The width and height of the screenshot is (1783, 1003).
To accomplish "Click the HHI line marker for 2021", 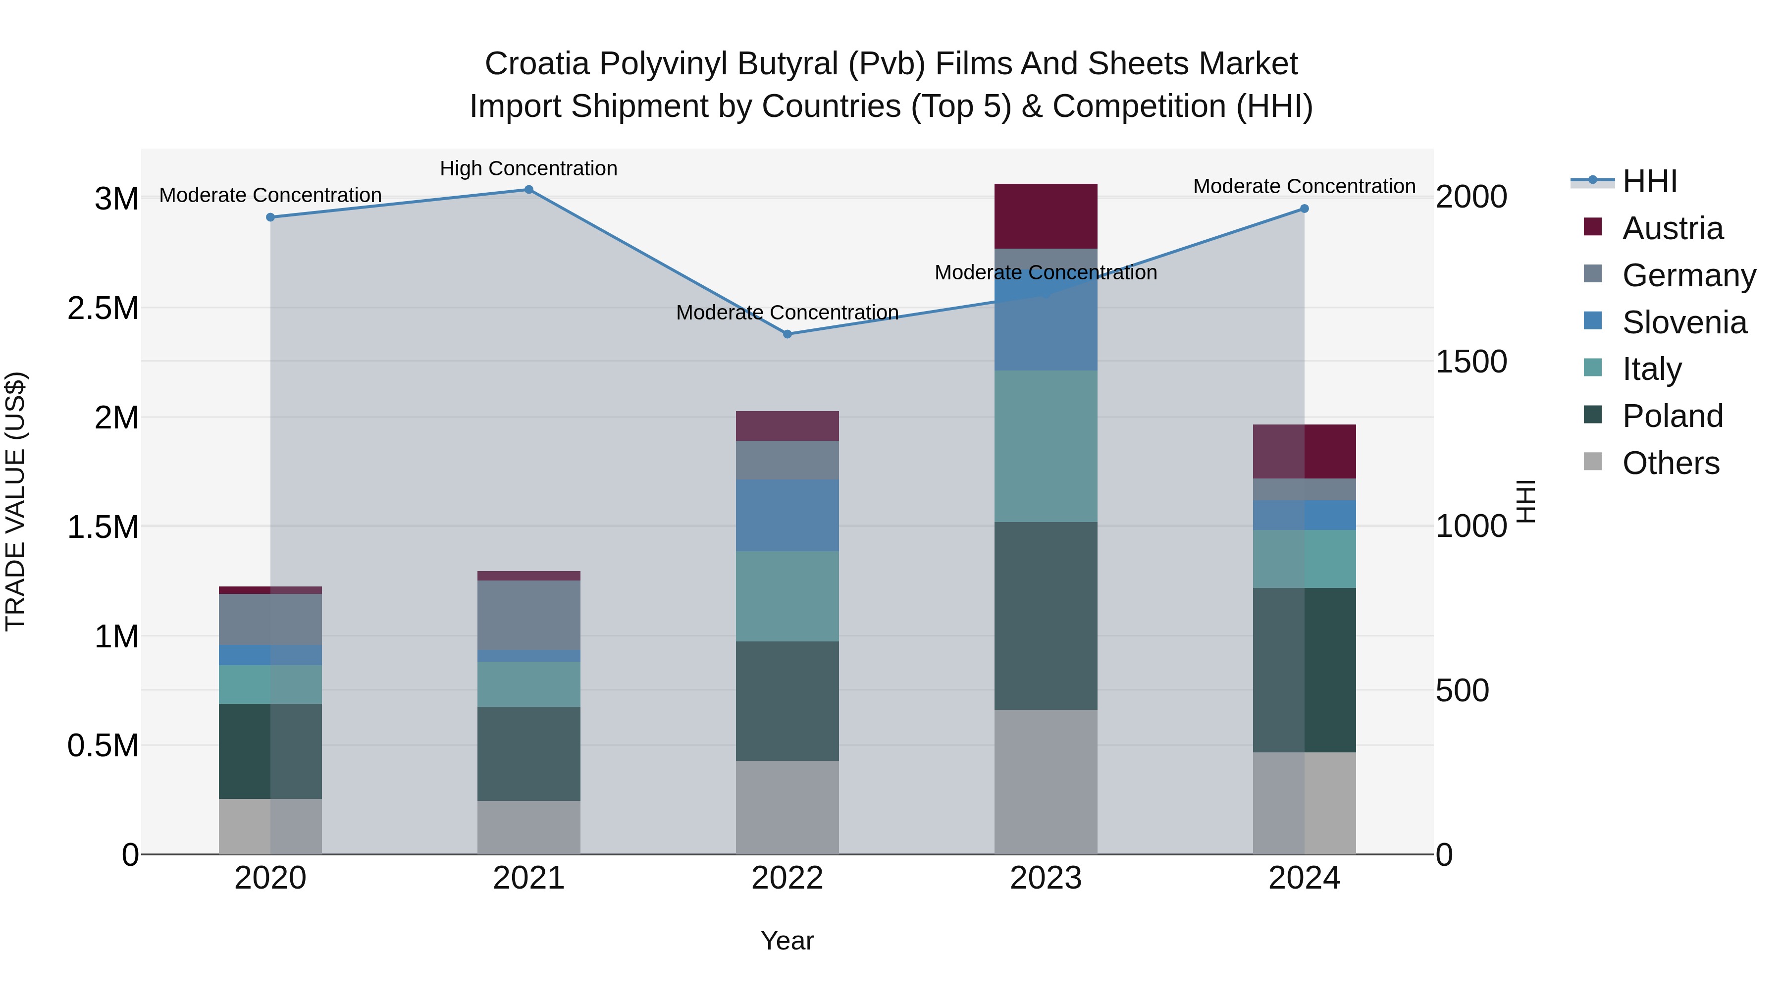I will [x=529, y=190].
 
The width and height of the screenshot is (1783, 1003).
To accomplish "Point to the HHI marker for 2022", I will [x=787, y=334].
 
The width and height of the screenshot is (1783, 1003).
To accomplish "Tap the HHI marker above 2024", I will [x=1304, y=209].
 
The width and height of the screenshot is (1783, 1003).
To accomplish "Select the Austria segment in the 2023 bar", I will [x=1046, y=216].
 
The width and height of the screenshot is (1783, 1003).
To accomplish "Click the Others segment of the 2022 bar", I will [x=787, y=807].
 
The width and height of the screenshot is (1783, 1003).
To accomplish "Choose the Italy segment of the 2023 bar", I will [x=1046, y=446].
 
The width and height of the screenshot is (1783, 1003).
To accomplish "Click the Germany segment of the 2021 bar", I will [x=529, y=615].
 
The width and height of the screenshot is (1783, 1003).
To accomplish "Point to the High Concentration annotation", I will [x=529, y=168].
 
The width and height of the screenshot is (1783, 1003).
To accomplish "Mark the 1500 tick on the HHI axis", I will [x=1471, y=362].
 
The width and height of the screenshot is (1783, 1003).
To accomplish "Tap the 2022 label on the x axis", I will [x=787, y=878].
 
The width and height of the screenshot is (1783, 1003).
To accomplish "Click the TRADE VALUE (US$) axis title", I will [x=15, y=501].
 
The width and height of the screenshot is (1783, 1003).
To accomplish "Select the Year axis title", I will [x=787, y=941].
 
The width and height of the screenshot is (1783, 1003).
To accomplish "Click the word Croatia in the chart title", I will [x=537, y=64].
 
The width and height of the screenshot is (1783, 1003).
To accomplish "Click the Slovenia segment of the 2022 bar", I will [x=787, y=515].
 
